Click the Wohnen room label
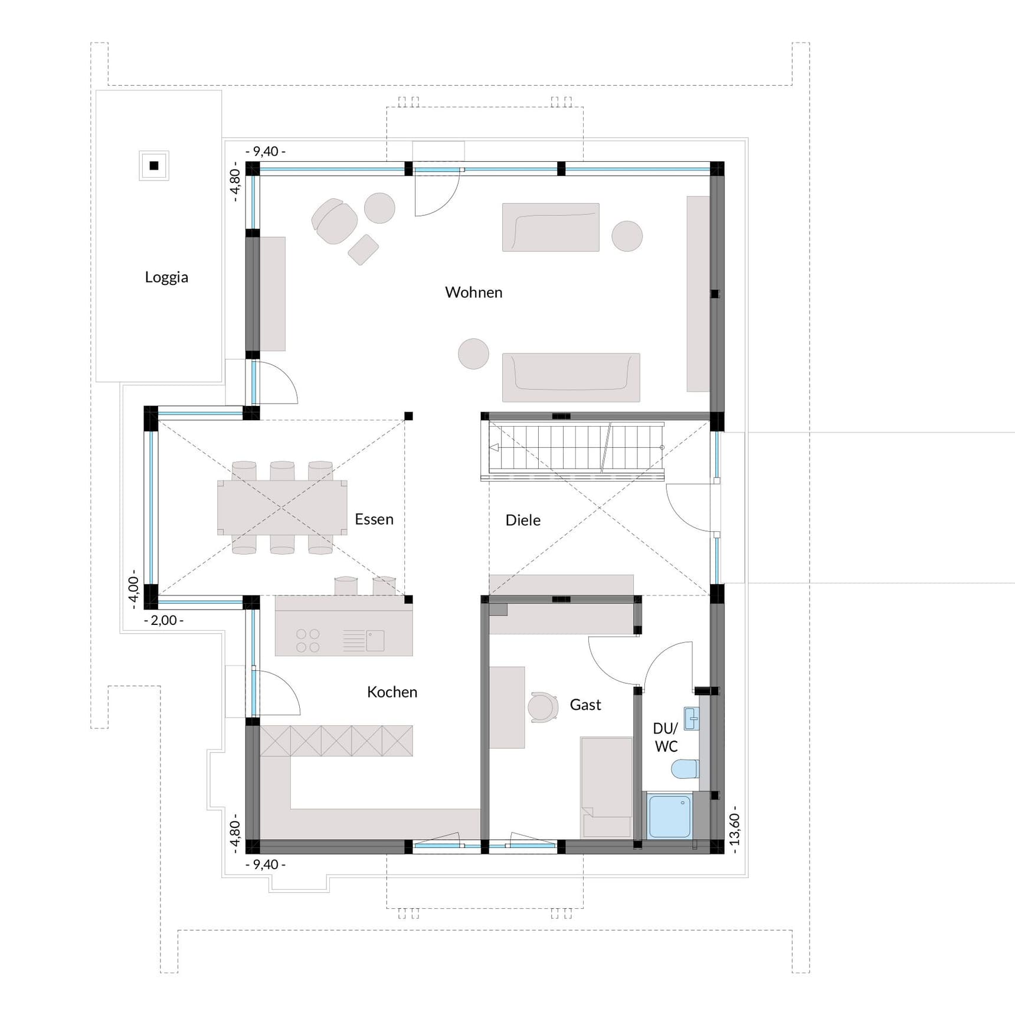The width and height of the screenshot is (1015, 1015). point(473,292)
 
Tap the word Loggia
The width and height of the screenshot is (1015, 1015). point(166,277)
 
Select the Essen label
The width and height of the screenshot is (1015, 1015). point(374,519)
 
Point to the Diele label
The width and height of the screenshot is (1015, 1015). point(523,520)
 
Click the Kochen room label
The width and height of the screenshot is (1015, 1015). point(392,692)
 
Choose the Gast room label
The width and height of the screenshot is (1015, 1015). point(585,705)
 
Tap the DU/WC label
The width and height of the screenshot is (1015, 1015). point(666,737)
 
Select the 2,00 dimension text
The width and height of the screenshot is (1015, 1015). point(163,620)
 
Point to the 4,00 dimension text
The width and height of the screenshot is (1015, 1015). point(133,589)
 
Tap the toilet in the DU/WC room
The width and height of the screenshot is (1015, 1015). point(685,769)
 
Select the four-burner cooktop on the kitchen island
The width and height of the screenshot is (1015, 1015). point(307,641)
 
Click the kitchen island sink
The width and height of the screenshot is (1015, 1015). point(375,640)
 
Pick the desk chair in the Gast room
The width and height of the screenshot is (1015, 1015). point(542,707)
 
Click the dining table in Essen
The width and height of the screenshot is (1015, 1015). point(282,508)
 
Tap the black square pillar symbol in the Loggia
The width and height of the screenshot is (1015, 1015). point(154,166)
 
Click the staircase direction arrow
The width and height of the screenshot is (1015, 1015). point(494,447)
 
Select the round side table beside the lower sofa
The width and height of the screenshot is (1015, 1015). point(473,354)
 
